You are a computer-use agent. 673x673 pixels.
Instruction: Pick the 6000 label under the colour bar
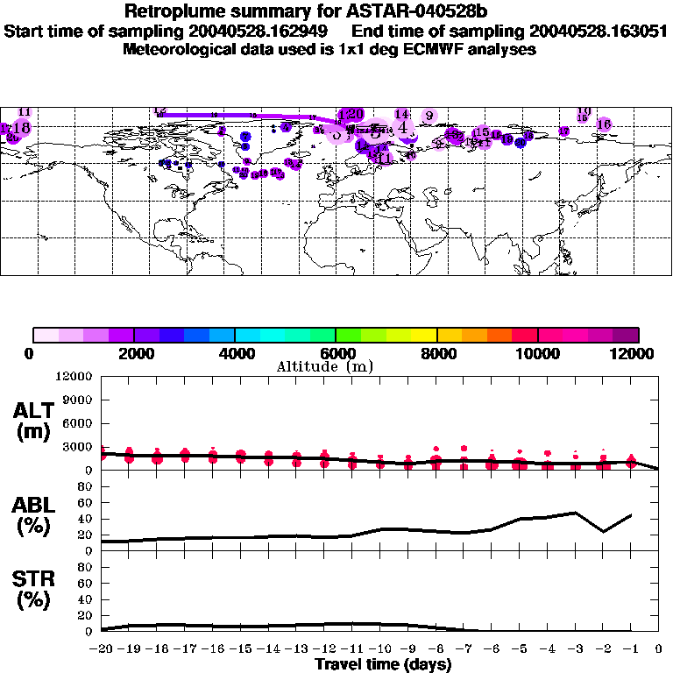(x=336, y=353)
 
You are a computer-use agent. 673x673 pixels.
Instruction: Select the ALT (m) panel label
(x=34, y=421)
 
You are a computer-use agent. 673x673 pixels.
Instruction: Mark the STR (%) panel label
(x=34, y=588)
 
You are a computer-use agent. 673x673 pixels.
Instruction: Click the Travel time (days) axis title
(x=383, y=664)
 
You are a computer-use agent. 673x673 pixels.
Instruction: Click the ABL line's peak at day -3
(x=575, y=513)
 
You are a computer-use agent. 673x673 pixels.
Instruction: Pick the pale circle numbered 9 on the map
(x=429, y=116)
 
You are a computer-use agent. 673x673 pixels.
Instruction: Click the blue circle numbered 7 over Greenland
(x=245, y=136)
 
